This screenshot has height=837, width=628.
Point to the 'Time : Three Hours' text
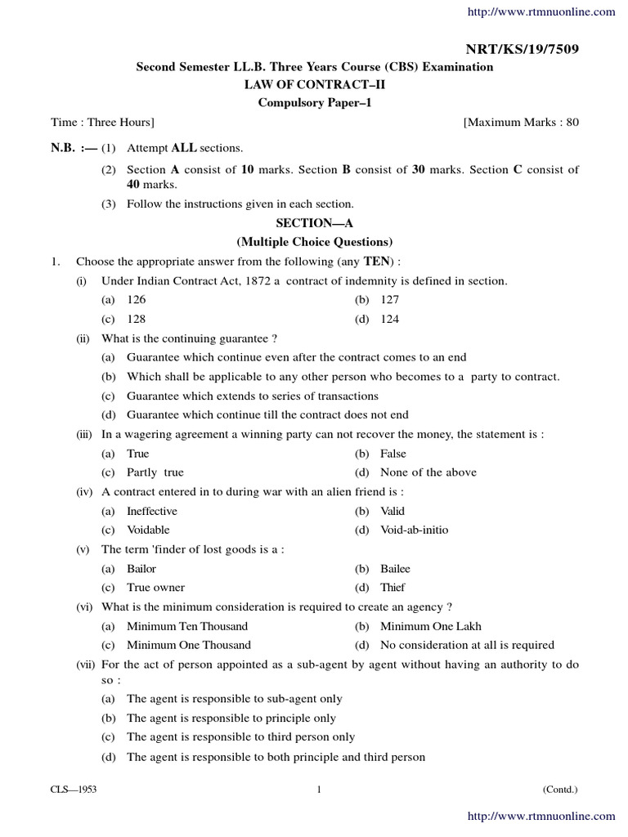tap(102, 122)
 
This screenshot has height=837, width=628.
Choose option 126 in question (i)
tap(136, 300)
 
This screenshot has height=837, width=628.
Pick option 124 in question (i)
tap(389, 319)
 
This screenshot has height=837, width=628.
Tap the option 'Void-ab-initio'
tap(414, 530)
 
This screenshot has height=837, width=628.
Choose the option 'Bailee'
tap(395, 568)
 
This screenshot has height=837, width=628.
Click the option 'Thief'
tap(392, 587)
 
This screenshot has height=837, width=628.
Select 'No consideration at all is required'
tap(466, 645)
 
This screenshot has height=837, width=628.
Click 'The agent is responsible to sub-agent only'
tap(234, 699)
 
